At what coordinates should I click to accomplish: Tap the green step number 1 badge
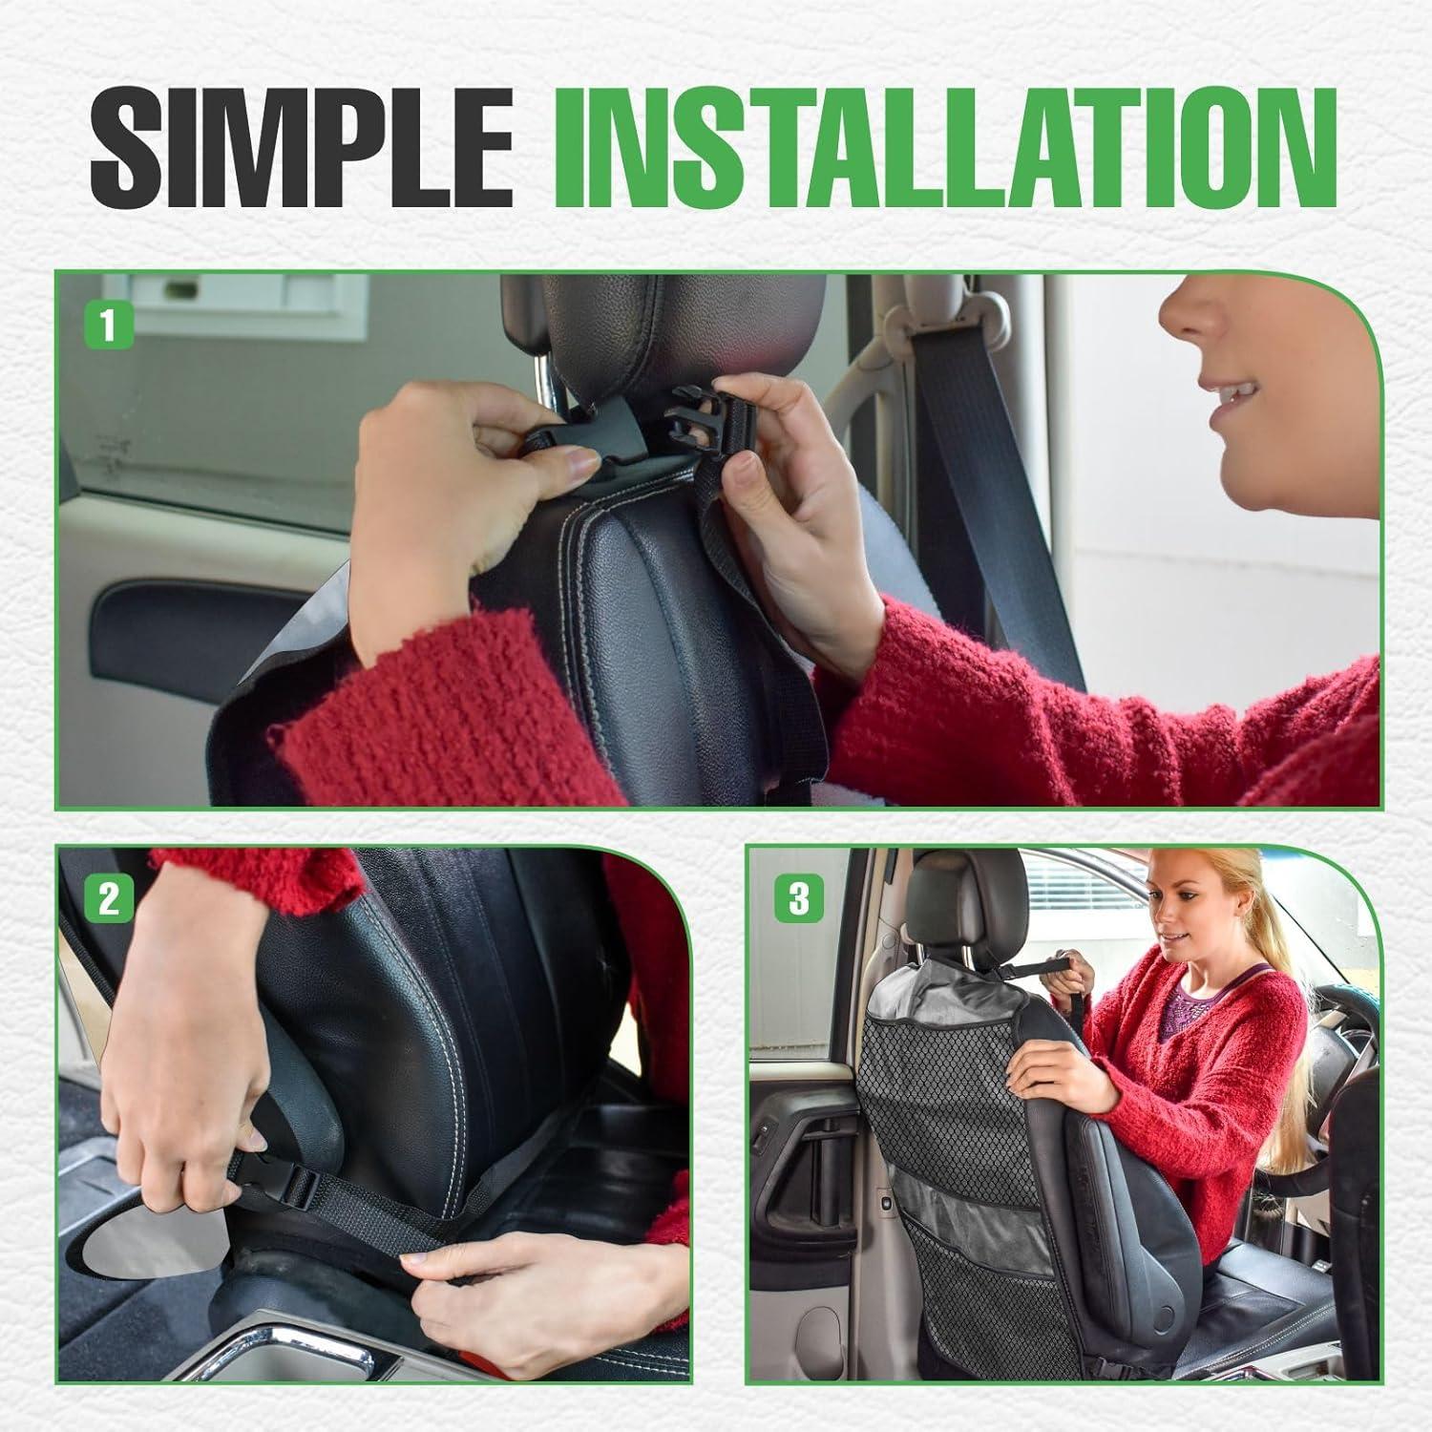(107, 326)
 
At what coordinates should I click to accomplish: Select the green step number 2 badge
(109, 900)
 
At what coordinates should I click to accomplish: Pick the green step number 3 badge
(798, 898)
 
